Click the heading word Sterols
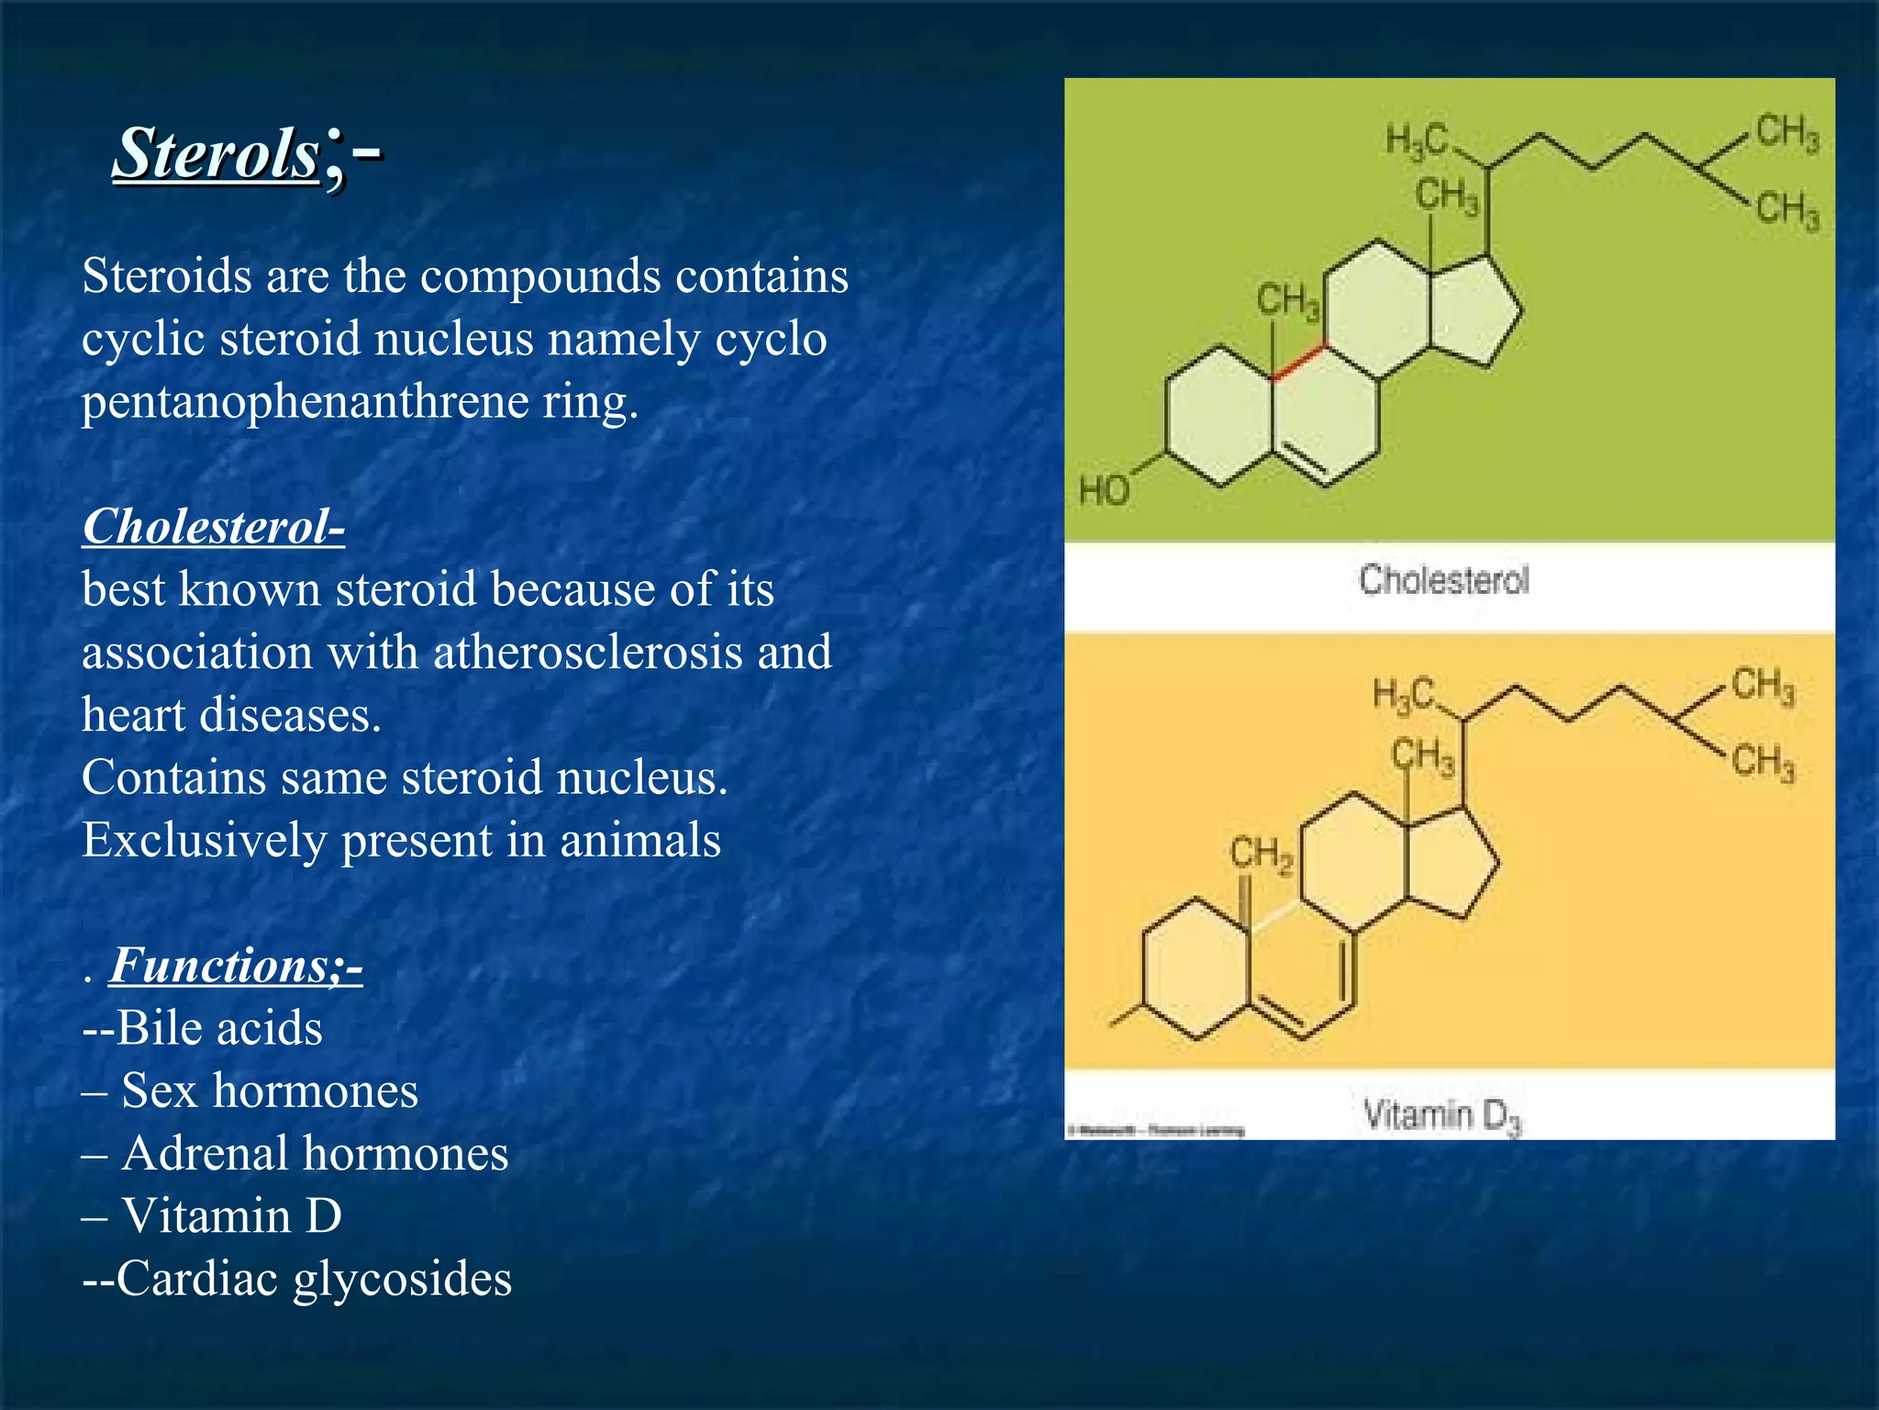click(x=217, y=153)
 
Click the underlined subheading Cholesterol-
click(x=214, y=527)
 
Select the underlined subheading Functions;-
click(x=236, y=966)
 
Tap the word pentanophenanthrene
click(x=304, y=401)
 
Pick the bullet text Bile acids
click(x=219, y=1028)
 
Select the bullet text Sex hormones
click(x=269, y=1091)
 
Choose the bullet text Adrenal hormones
click(x=315, y=1154)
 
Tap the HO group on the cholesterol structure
click(x=1104, y=491)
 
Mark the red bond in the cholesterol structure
click(x=1299, y=362)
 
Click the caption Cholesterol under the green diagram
click(x=1444, y=580)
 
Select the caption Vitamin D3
click(x=1441, y=1115)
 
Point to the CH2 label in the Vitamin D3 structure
click(x=1261, y=855)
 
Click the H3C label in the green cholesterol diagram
click(x=1416, y=140)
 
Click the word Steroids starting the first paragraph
click(x=166, y=276)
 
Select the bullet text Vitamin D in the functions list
click(x=231, y=1216)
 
